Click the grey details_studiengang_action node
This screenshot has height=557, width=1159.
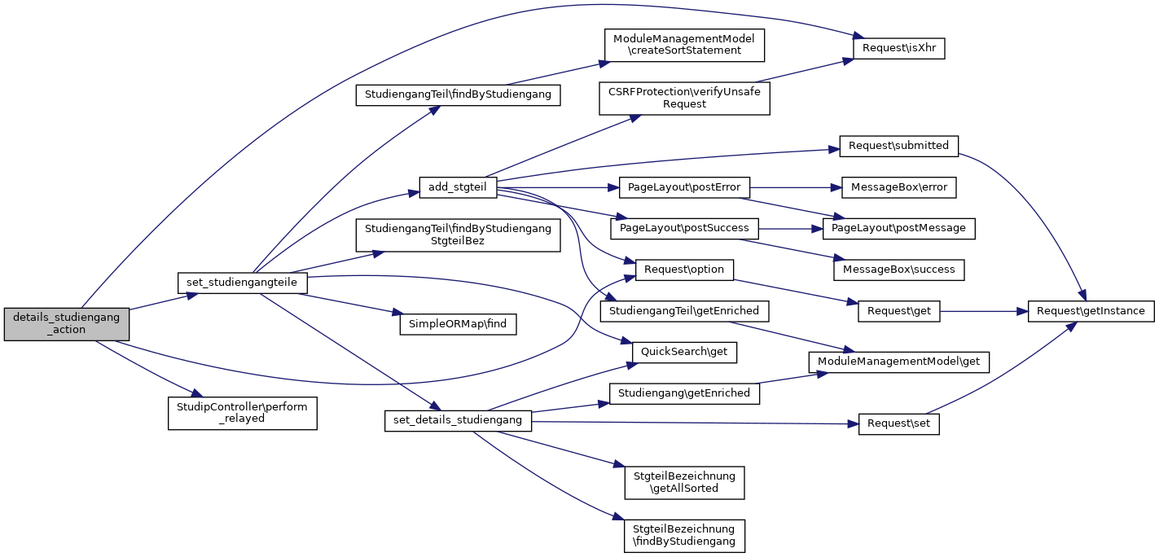(x=67, y=324)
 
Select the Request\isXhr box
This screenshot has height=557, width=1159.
(x=898, y=48)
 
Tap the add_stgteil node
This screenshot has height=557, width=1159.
(x=457, y=187)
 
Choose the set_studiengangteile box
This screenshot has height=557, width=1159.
(x=242, y=282)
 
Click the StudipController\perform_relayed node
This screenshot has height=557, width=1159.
(x=242, y=413)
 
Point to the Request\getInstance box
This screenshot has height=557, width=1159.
(x=1091, y=311)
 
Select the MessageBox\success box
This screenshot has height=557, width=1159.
(x=898, y=269)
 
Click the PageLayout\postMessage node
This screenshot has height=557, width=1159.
(x=898, y=228)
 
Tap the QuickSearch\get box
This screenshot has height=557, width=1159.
(x=685, y=352)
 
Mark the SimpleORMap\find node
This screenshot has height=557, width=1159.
(x=458, y=323)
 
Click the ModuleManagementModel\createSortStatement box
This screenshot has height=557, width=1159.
(x=684, y=44)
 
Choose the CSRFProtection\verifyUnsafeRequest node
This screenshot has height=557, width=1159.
(x=684, y=98)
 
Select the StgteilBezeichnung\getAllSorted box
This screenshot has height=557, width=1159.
(x=684, y=481)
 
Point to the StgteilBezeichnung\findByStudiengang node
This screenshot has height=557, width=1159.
(x=684, y=534)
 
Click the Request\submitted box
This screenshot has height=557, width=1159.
(x=898, y=146)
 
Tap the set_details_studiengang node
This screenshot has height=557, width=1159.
(x=458, y=420)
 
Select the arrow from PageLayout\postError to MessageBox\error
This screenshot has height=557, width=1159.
(x=794, y=187)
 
